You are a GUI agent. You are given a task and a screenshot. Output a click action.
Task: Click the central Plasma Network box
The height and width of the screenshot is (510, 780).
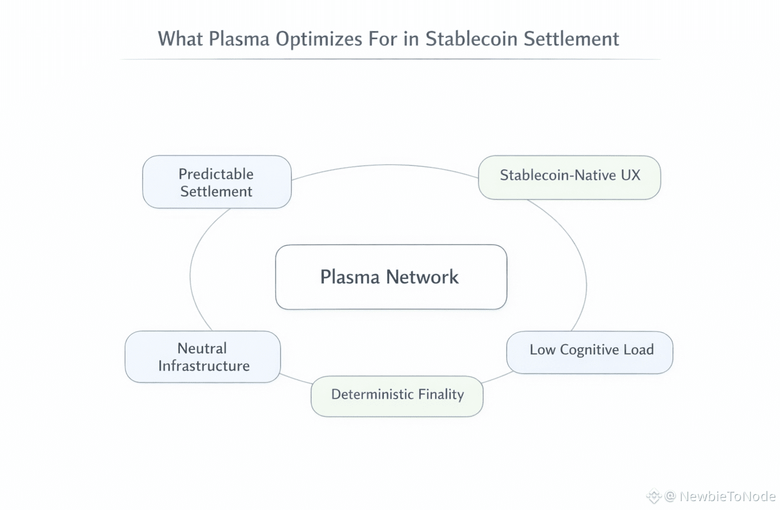coord(391,277)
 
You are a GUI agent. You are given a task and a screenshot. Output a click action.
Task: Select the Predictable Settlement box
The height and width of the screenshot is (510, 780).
coord(217,182)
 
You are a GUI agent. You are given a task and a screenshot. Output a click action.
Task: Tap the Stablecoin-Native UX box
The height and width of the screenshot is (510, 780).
coord(569,177)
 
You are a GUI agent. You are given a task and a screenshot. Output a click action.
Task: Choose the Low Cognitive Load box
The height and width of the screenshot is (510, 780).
coord(589,352)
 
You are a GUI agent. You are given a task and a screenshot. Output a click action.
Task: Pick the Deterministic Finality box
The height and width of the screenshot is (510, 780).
coord(397,396)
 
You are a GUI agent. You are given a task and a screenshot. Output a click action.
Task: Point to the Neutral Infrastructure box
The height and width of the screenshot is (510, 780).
coord(203,356)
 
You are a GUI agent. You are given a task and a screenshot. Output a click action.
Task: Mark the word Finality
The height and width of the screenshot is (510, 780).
coord(441,394)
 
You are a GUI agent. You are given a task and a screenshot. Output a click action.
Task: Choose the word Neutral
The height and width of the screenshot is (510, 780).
coord(202,348)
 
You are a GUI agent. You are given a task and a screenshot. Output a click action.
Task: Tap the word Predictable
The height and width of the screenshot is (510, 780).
coord(216,174)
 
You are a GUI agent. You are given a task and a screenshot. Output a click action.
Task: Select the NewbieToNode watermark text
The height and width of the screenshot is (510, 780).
coord(727,496)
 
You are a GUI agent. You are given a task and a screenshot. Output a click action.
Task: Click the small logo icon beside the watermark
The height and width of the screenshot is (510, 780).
coord(654,496)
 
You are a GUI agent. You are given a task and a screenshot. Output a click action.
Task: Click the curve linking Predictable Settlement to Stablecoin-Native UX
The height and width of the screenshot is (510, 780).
coord(388,165)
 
